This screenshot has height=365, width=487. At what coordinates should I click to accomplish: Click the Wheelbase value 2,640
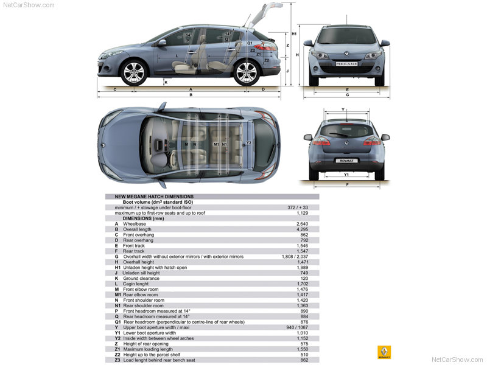302,224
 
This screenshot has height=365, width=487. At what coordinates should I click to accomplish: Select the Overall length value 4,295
302,229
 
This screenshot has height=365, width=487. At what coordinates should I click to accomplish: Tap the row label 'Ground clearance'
141,279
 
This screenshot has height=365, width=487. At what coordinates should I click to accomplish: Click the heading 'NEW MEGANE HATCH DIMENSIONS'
154,196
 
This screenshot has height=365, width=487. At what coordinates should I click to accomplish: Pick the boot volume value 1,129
302,213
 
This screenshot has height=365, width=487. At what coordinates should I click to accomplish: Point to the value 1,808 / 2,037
295,257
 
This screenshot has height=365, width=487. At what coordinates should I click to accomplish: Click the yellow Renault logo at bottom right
384,352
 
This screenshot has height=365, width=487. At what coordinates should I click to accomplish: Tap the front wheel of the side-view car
134,73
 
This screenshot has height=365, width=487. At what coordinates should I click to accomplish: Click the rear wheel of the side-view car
247,73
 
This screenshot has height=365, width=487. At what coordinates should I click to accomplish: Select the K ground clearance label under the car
166,83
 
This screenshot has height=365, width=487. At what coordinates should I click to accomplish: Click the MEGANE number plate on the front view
346,64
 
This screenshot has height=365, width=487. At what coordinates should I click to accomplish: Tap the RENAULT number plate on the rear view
346,161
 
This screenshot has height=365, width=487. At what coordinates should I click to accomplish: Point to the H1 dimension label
294,34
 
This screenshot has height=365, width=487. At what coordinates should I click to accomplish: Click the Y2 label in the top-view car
248,143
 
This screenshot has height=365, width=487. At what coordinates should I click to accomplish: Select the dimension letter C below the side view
115,89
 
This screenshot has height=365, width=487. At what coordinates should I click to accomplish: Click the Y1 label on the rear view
346,175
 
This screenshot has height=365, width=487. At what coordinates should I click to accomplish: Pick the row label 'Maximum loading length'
148,349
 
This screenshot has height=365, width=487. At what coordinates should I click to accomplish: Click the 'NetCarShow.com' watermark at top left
29,5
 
